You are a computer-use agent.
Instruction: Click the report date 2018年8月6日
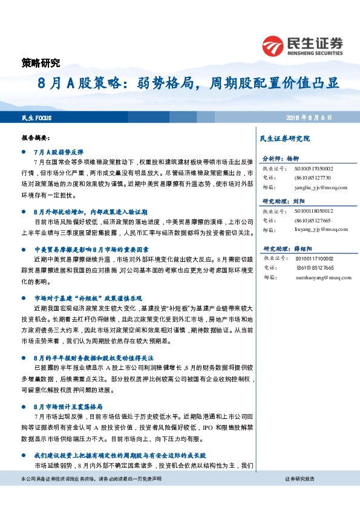309,117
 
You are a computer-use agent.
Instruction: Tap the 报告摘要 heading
34,137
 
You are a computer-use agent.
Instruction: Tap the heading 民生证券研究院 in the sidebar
284,138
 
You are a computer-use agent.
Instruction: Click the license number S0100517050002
314,170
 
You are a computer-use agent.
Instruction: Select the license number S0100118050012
314,212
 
